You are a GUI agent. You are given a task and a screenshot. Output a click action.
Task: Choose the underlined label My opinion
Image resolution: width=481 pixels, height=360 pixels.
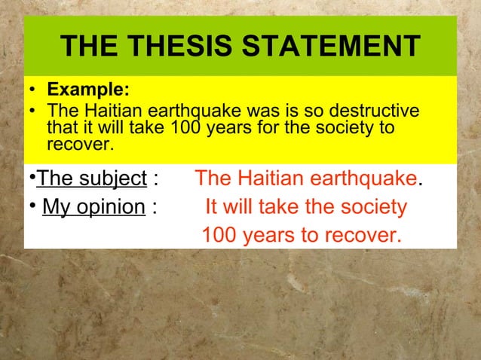pyautogui.click(x=94, y=207)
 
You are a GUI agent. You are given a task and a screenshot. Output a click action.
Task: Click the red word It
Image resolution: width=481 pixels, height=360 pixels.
pyautogui.click(x=213, y=207)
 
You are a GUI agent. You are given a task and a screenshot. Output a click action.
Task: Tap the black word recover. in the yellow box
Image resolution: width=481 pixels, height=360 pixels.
pyautogui.click(x=78, y=143)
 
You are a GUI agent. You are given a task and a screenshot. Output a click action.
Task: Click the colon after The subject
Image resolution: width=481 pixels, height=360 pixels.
pyautogui.click(x=155, y=179)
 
